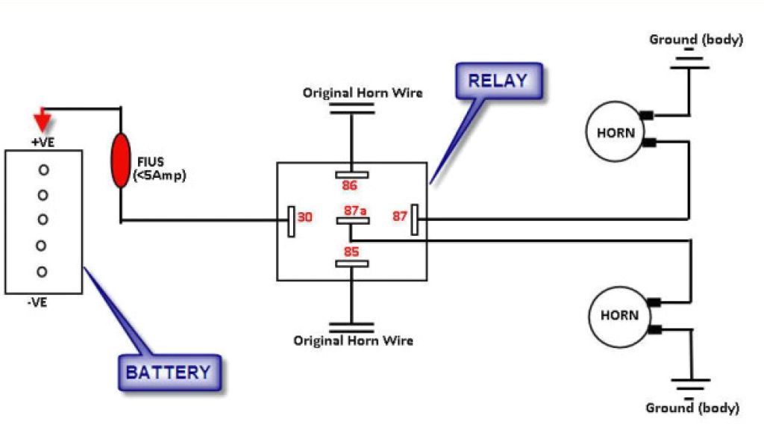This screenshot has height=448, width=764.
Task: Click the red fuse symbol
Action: click(119, 161)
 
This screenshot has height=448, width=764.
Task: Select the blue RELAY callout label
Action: click(498, 81)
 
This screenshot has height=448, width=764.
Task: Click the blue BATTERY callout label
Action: click(169, 372)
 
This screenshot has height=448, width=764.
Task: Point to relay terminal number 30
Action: click(305, 218)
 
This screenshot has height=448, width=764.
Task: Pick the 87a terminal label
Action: click(355, 211)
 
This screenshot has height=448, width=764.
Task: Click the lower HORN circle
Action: click(619, 315)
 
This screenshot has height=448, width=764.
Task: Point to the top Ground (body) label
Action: click(695, 40)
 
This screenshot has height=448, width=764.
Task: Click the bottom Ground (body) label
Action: click(692, 408)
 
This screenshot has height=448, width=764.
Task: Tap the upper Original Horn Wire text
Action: click(362, 93)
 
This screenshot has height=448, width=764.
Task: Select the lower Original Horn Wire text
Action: click(353, 340)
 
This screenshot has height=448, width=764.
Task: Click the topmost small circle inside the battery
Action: click(43, 170)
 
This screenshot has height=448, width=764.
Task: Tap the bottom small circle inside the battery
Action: click(43, 271)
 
